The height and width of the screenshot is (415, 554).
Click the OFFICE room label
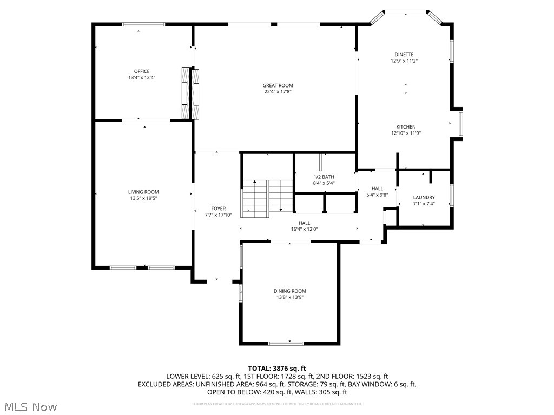[x=142, y=71]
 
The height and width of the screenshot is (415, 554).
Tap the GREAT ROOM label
[x=278, y=85]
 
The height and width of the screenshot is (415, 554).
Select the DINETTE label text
[x=404, y=55]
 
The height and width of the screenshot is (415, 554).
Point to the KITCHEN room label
[x=406, y=127]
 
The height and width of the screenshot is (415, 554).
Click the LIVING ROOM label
[x=143, y=192]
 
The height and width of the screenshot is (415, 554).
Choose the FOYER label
[x=219, y=209]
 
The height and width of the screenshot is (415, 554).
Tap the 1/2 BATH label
[x=324, y=177]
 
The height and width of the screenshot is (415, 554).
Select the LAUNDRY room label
[x=424, y=197]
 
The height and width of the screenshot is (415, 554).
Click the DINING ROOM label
[x=289, y=291]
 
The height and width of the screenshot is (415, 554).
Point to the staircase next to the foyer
[x=267, y=198]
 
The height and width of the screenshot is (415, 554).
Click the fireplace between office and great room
[x=190, y=93]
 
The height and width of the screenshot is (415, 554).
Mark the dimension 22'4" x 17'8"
[x=278, y=92]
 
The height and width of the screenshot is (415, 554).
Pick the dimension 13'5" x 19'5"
[x=143, y=198]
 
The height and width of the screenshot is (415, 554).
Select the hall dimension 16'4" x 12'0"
[x=305, y=229]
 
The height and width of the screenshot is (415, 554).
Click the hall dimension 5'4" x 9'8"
[x=377, y=195]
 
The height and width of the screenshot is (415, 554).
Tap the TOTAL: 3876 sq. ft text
[x=277, y=368]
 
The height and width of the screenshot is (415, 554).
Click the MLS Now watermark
[x=30, y=406]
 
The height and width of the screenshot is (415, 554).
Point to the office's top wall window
[x=143, y=24]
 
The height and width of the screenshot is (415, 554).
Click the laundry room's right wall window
[x=452, y=196]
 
